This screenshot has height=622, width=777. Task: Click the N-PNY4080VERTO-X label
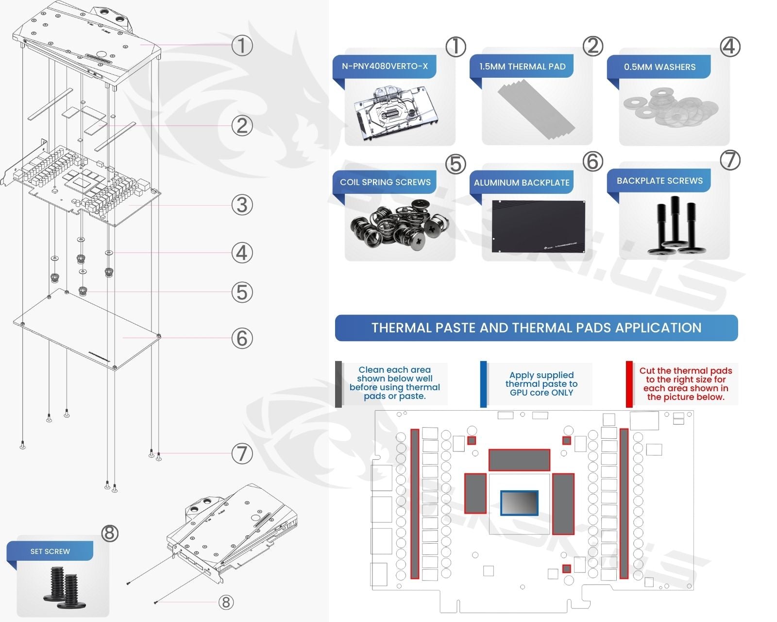385,67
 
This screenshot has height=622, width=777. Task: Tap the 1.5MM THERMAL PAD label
522,67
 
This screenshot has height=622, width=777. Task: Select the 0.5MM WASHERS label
659,67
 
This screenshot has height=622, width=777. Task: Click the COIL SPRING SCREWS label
385,182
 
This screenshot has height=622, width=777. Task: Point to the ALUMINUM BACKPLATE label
522,183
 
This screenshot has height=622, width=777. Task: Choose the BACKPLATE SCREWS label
659,181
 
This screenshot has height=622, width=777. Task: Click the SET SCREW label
50,551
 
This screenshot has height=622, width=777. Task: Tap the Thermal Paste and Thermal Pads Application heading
536,328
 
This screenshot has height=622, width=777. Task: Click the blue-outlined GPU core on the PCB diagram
519,502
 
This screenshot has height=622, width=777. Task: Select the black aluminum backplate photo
538,226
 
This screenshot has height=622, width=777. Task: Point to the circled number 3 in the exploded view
242,205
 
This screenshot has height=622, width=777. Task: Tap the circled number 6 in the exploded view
242,338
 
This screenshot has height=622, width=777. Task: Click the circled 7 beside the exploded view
242,454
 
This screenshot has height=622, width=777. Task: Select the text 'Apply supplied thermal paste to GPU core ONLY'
541,384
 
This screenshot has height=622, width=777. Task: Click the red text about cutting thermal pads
685,384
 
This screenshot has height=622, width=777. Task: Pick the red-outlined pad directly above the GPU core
519,460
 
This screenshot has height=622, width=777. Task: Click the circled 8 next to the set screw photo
110,533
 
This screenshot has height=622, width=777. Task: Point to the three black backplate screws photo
674,226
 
